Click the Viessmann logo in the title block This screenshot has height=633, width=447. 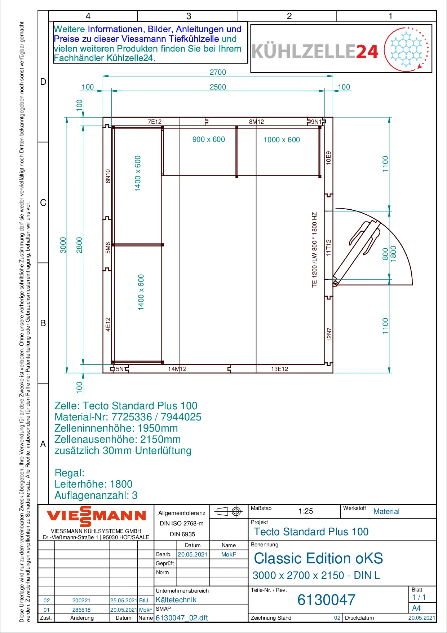pos(96,516)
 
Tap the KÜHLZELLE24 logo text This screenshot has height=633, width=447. pos(315,51)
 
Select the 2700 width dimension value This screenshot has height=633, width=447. pos(218,72)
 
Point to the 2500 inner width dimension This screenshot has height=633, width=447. pos(218,87)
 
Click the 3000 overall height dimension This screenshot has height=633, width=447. pos(63,245)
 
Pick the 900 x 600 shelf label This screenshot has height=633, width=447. pos(209,139)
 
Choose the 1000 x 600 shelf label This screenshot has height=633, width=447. pos(282,140)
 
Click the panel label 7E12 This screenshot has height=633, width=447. pos(155,122)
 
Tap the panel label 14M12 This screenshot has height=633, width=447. pos(177,369)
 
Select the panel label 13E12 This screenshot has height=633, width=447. pos(280,369)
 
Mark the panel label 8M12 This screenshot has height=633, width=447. pos(256,122)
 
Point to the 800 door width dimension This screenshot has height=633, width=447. pos(385,254)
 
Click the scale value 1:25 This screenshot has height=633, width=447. pos(306,511)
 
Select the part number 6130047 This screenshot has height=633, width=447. pos(326,600)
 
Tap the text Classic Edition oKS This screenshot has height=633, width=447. pos(318,558)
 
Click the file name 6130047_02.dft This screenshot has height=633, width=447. pos(182,618)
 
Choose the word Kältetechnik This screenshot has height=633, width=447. pos(176,600)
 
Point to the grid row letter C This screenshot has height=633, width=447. pos(43,203)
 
